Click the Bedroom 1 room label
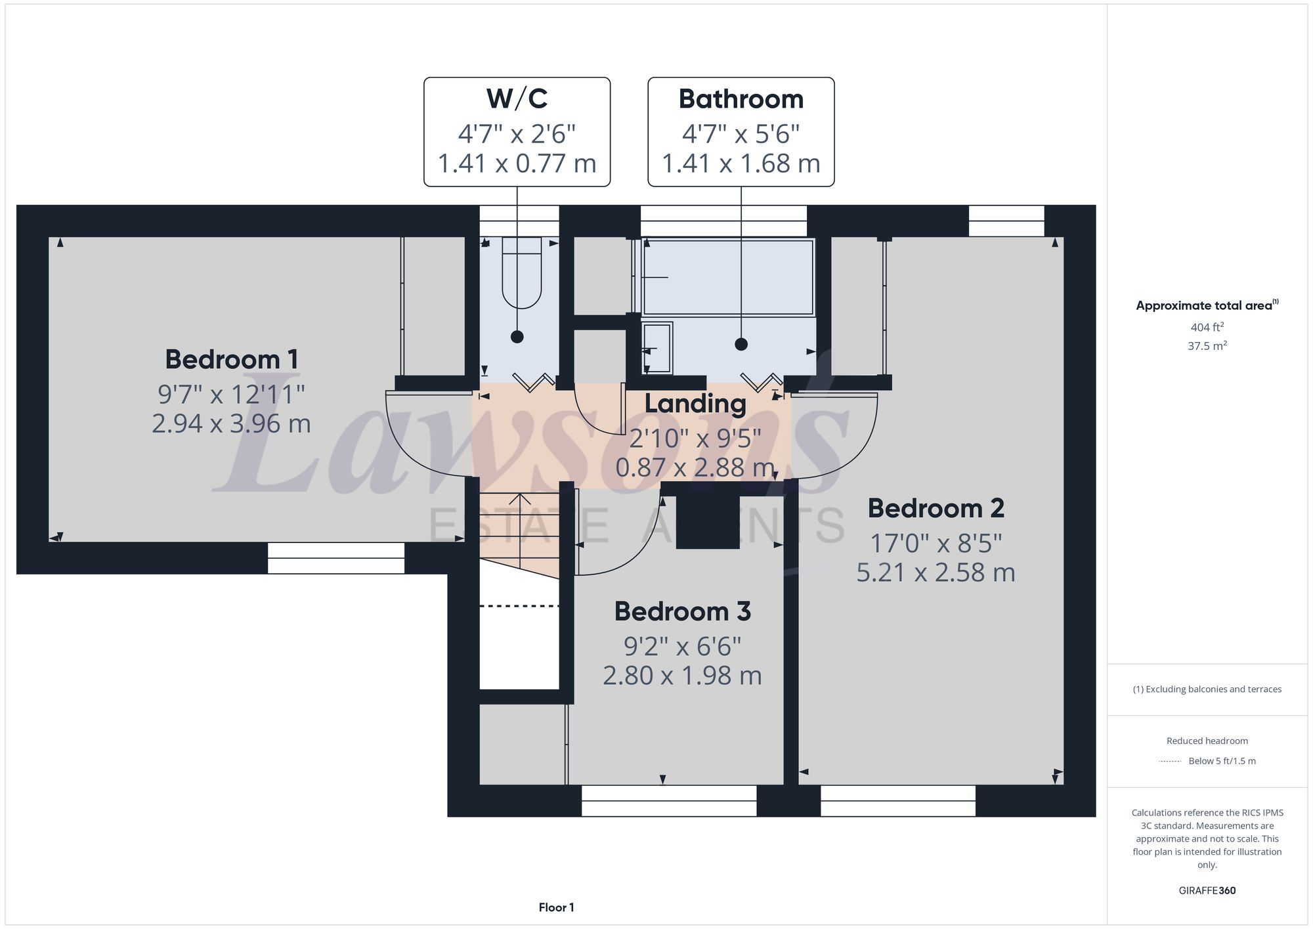pyautogui.click(x=231, y=360)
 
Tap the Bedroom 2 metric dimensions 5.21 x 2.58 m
pyautogui.click(x=936, y=573)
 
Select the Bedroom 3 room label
pyautogui.click(x=682, y=612)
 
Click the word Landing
pyautogui.click(x=695, y=404)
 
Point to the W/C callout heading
pyautogui.click(x=517, y=99)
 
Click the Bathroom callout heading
pyautogui.click(x=741, y=99)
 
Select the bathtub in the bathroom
pyautogui.click(x=727, y=278)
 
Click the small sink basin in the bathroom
pyautogui.click(x=657, y=347)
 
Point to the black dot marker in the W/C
pyautogui.click(x=517, y=337)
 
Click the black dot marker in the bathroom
pyautogui.click(x=741, y=344)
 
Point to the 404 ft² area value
pyautogui.click(x=1207, y=327)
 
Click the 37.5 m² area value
pyautogui.click(x=1207, y=346)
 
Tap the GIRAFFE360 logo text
pyautogui.click(x=1207, y=891)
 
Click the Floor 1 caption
pyautogui.click(x=556, y=907)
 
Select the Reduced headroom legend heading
pyautogui.click(x=1207, y=741)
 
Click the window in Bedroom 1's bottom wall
pyautogui.click(x=335, y=558)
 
